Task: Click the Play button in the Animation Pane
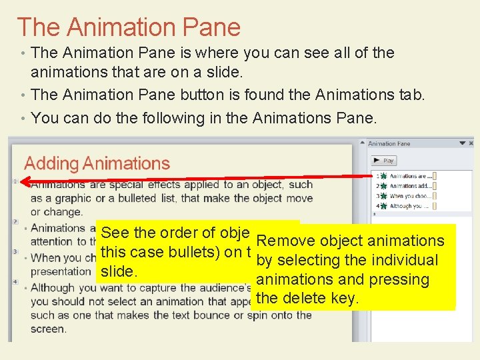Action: pyautogui.click(x=384, y=161)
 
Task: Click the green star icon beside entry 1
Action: pyautogui.click(x=384, y=176)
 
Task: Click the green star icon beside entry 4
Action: pyautogui.click(x=384, y=206)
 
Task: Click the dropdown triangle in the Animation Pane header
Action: pyautogui.click(x=462, y=143)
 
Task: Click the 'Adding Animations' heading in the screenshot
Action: pyautogui.click(x=97, y=163)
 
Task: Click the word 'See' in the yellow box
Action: pyautogui.click(x=115, y=233)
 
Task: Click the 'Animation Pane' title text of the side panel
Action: pyautogui.click(x=389, y=143)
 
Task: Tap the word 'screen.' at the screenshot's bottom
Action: pyautogui.click(x=48, y=329)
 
